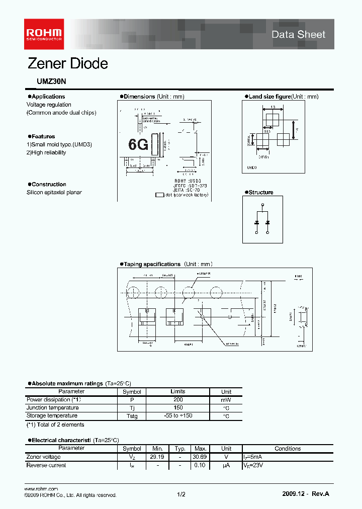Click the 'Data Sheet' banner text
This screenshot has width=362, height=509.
coord(299,35)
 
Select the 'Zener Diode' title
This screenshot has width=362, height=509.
coord(67,64)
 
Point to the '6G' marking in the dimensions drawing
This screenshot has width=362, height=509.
coord(138,144)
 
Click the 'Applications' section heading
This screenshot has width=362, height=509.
coord(48,97)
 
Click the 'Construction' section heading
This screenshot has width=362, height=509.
coord(48,185)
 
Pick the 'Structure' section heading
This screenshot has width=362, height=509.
coord(261,192)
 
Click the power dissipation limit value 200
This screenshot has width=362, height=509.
coord(178,399)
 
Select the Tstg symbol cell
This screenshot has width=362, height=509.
coord(132,416)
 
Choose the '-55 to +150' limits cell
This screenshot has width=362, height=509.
coord(178,416)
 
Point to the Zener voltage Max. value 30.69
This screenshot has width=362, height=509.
coord(201,457)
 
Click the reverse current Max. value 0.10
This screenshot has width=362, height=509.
coord(201,465)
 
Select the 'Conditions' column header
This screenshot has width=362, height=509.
coord(288,448)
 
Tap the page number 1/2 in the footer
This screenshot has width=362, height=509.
coord(181,495)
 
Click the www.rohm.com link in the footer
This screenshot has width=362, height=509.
coord(41,489)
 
